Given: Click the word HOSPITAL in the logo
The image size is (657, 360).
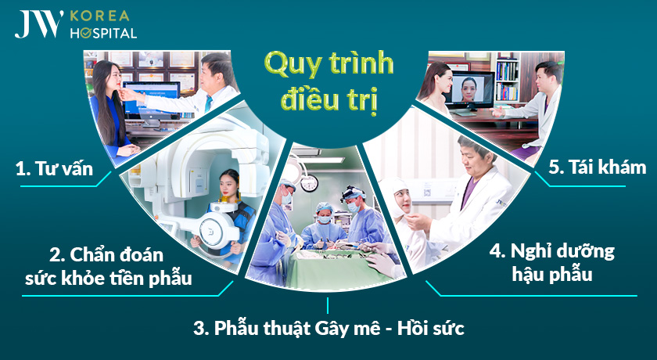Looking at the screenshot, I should point(103,34).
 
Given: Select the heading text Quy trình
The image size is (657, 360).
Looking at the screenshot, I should point(328,63).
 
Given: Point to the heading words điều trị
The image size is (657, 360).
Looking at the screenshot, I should point(328,100).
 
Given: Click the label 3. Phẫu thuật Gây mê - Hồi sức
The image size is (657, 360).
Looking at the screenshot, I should point(328,328).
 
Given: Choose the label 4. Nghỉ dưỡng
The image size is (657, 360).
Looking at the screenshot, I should point(552,252).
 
